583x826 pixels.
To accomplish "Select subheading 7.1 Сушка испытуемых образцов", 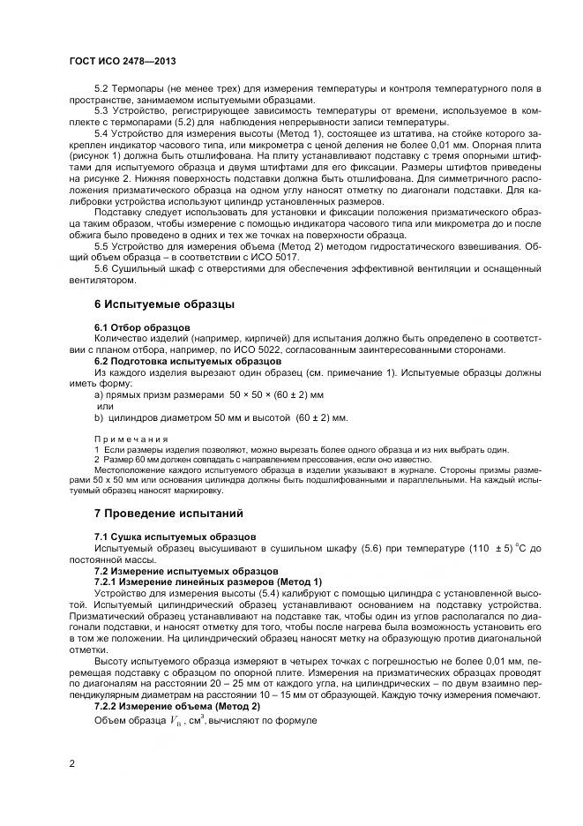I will [x=175, y=536].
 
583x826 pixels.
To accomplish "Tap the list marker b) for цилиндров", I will [x=99, y=417].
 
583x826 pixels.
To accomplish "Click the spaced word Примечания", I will [x=131, y=439].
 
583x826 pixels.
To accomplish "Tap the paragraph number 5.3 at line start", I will [x=103, y=109].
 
